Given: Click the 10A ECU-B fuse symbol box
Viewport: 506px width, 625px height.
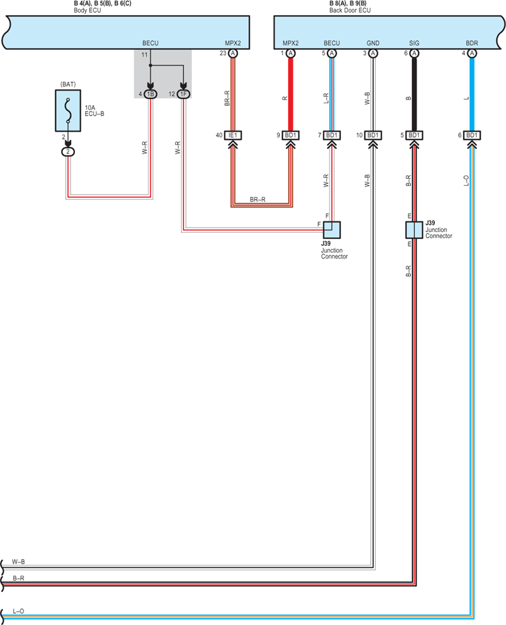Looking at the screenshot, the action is (68, 110).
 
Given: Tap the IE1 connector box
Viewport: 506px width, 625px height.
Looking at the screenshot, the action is (233, 135).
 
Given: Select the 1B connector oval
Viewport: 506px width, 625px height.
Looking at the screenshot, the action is (150, 94).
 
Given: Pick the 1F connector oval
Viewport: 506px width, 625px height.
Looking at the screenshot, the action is (183, 94).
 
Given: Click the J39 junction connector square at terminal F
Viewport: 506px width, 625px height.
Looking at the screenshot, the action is (331, 230).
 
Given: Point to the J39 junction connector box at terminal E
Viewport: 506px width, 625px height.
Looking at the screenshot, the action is (414, 230).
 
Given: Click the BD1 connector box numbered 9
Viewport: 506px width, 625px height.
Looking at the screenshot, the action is (290, 135).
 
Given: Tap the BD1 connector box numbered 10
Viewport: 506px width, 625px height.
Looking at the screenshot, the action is (373, 135).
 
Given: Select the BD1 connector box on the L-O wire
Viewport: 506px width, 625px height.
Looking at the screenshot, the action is (472, 135).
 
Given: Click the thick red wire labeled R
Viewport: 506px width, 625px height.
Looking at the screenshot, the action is (291, 94).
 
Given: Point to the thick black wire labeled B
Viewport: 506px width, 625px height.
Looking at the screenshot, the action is (414, 94).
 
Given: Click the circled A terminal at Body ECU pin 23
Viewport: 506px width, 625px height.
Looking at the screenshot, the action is (233, 53).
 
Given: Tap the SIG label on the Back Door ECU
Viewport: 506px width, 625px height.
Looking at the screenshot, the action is (414, 43).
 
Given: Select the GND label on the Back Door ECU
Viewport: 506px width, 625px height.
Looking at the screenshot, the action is (373, 43).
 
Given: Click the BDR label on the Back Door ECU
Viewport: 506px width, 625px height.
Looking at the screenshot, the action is (472, 43).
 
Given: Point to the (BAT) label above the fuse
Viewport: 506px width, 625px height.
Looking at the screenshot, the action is (68, 84).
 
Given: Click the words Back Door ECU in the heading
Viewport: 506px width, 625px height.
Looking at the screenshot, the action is (350, 10).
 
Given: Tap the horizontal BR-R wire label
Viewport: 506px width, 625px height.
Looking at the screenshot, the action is (258, 199).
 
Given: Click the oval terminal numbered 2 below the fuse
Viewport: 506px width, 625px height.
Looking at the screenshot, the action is (68, 152).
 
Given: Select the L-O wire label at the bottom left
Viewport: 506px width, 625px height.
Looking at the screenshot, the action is (18, 611).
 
